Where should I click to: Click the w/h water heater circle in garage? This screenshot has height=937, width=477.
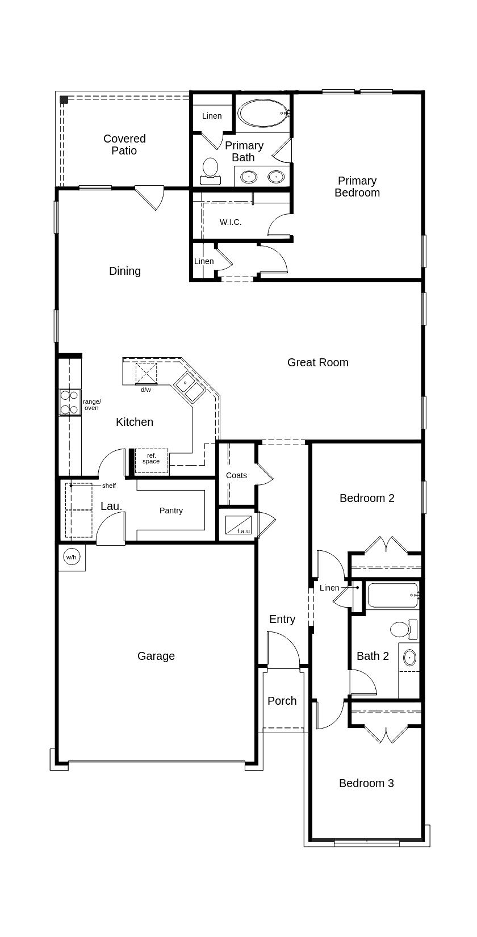[x=71, y=557]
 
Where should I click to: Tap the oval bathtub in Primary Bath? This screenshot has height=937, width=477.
[x=263, y=114]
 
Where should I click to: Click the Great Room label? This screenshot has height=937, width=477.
[x=317, y=362]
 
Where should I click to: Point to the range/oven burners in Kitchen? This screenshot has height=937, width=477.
[x=69, y=402]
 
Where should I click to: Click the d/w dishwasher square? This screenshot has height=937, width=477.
[x=146, y=374]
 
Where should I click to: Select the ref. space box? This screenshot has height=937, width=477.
[x=151, y=460]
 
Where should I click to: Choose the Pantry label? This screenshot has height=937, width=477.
[x=171, y=511]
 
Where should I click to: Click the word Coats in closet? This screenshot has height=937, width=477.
[x=236, y=475]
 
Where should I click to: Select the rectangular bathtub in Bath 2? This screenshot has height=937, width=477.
[x=392, y=595]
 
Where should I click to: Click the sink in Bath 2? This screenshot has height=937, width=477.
[x=409, y=658]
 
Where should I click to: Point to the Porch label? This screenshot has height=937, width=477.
[x=282, y=701]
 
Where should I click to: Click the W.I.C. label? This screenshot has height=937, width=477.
[x=231, y=222]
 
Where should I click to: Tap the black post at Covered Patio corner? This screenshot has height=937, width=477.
[x=64, y=100]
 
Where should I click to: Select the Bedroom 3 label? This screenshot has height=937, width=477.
[x=366, y=783]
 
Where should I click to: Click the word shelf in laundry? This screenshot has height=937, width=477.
[x=109, y=486]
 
